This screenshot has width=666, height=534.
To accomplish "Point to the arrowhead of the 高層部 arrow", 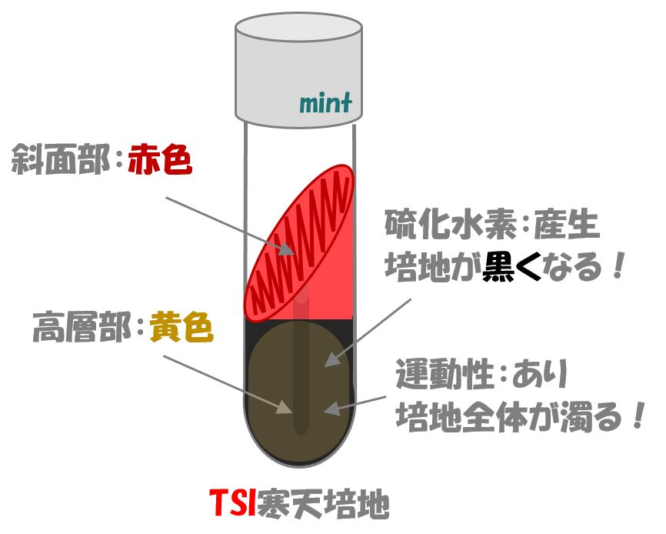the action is [285, 407].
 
